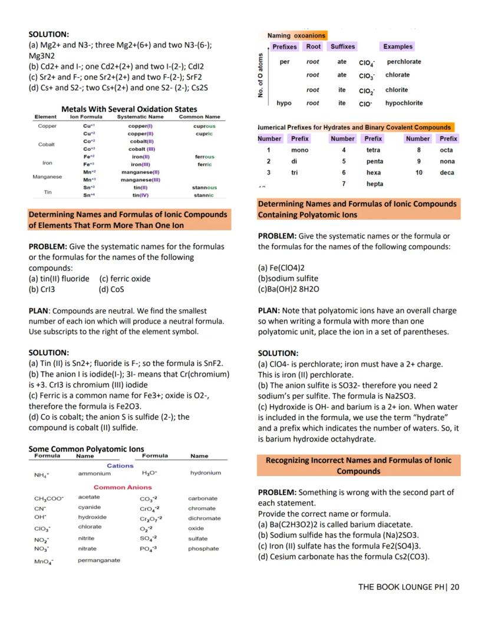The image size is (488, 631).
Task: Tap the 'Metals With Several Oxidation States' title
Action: click(x=129, y=109)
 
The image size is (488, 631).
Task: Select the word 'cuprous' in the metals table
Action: click(x=204, y=126)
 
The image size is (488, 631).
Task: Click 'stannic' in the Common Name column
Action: click(x=204, y=195)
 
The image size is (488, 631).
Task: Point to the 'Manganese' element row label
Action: click(x=48, y=176)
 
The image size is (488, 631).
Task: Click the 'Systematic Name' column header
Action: click(x=140, y=117)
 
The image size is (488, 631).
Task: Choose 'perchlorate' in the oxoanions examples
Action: click(x=404, y=62)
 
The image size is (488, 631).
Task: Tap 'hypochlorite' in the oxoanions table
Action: click(x=404, y=103)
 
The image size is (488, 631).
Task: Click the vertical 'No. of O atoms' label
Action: click(x=260, y=75)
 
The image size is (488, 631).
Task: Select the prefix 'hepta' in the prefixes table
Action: click(x=375, y=184)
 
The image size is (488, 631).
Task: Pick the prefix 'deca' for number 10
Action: click(x=447, y=173)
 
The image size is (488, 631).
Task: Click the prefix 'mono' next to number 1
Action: click(x=299, y=150)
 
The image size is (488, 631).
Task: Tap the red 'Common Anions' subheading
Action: click(x=123, y=487)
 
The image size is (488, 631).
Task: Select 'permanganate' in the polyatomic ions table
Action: click(x=99, y=560)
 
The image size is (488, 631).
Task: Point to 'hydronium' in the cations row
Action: click(x=205, y=473)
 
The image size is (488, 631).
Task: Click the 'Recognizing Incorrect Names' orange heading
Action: click(x=358, y=465)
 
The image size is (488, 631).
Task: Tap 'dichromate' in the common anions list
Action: click(x=204, y=518)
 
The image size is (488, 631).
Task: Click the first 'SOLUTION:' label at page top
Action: click(x=49, y=35)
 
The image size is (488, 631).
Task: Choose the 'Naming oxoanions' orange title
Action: click(x=296, y=36)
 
